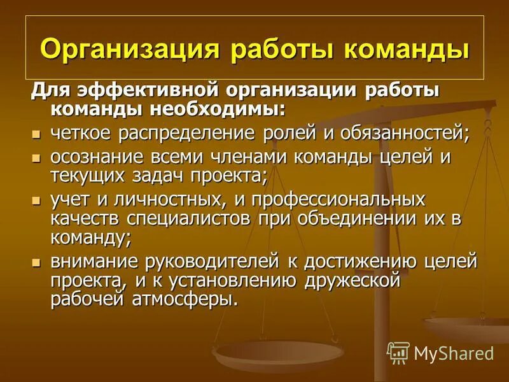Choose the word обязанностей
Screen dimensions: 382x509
394,134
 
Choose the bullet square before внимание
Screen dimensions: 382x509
37,262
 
